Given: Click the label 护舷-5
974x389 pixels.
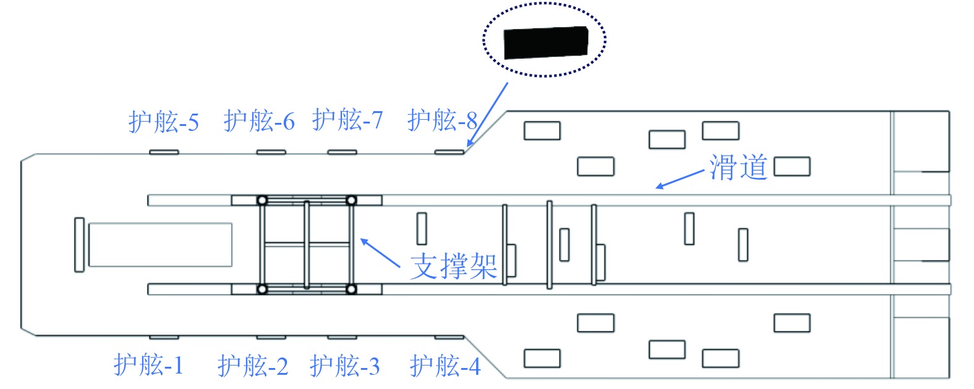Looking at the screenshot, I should pyautogui.click(x=164, y=122).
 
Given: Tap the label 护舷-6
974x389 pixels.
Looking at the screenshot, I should pyautogui.click(x=259, y=120).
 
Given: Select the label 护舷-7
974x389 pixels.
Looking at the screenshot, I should pyautogui.click(x=348, y=119).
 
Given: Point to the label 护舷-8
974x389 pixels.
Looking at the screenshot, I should pyautogui.click(x=443, y=120).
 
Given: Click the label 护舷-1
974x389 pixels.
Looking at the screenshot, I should pyautogui.click(x=149, y=364).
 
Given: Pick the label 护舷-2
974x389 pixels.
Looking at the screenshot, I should pyautogui.click(x=253, y=366).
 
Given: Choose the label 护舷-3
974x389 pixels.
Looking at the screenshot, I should pyautogui.click(x=345, y=366).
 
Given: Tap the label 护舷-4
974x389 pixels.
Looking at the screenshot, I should pyautogui.click(x=445, y=366).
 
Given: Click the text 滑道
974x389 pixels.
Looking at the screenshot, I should pyautogui.click(x=738, y=167).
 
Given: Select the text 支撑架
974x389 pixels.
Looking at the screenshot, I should pyautogui.click(x=454, y=267).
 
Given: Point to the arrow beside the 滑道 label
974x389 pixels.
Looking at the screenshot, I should pyautogui.click(x=680, y=178).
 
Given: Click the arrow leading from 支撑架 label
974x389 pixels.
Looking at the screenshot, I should pyautogui.click(x=380, y=253).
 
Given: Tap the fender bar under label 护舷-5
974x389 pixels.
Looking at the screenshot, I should pyautogui.click(x=164, y=152).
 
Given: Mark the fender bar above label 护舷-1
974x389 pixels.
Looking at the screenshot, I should pyautogui.click(x=164, y=337).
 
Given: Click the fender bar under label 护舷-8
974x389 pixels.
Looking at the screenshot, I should pyautogui.click(x=449, y=152).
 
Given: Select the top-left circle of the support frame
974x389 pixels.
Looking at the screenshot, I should pyautogui.click(x=262, y=200).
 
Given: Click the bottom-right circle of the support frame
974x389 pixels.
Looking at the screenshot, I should pyautogui.click(x=351, y=289).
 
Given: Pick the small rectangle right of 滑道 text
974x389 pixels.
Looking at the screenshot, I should pyautogui.click(x=792, y=167).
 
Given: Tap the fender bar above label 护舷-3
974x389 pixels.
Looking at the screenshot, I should pyautogui.click(x=342, y=337).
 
